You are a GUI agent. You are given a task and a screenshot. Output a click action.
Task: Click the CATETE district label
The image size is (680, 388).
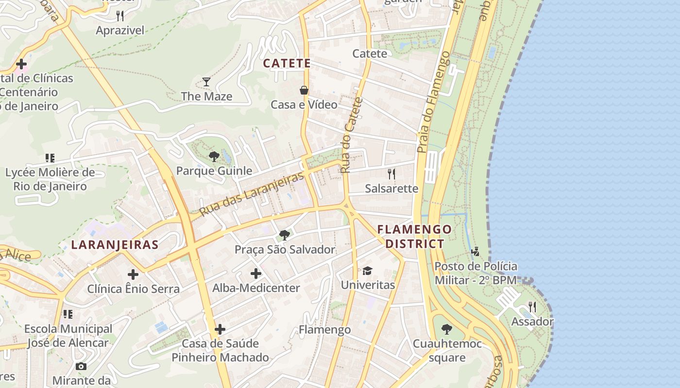pos(287,63)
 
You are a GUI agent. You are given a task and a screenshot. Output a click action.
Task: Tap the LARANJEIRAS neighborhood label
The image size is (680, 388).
pos(115,244)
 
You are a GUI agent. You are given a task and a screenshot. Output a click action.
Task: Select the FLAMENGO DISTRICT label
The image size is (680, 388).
pos(414,236)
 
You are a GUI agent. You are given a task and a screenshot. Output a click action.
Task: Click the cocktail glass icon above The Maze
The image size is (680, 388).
pos(206,81)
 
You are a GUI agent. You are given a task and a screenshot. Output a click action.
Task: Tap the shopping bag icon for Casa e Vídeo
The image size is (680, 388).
pos(304,90)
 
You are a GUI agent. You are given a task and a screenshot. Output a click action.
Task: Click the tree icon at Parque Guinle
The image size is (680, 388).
pos(214,156)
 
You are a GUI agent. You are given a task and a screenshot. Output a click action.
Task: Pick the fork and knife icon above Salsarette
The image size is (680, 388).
pos(391,174)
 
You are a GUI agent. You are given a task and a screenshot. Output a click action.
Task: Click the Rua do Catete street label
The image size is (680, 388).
pos(345,135)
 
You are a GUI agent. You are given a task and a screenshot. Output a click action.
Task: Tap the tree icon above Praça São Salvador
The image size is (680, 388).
pos(285,235)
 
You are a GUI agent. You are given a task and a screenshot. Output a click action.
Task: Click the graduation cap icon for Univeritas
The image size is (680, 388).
pos(367,271)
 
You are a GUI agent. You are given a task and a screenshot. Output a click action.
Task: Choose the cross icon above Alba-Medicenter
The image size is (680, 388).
pos(256,274)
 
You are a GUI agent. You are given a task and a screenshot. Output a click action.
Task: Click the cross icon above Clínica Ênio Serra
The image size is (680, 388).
pos(133,275)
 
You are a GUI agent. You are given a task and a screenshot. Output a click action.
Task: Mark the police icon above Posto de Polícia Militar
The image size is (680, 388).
pos(476,251)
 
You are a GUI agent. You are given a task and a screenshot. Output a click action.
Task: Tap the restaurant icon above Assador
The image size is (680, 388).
pos(532,307)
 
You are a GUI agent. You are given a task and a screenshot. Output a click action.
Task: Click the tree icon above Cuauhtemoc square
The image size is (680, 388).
pos(447,329)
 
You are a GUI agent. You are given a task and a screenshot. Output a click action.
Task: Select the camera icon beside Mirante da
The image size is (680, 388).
pos(81,366)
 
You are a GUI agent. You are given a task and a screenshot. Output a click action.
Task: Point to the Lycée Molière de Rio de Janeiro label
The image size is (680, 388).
pos(50,179)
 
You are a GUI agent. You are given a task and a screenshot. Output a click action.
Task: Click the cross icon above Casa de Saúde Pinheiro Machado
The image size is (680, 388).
pos(220,329)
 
